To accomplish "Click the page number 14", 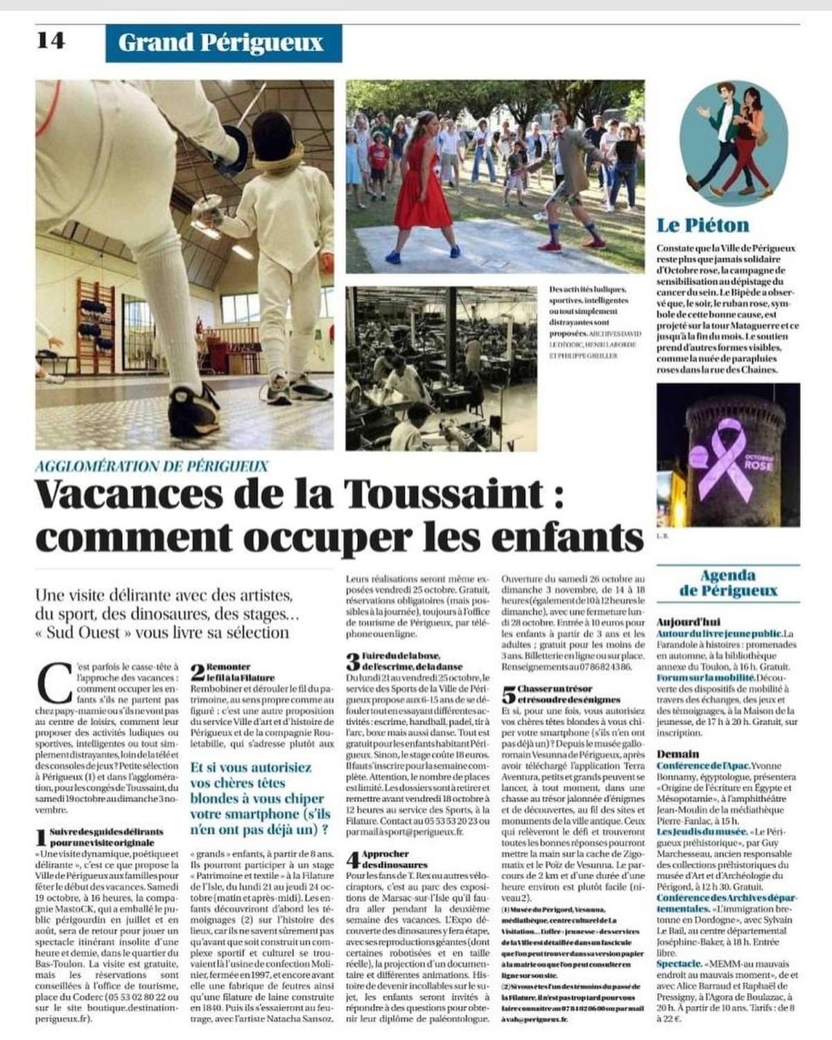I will click(x=51, y=41).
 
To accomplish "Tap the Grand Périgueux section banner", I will click(x=220, y=43).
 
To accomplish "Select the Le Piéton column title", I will click(x=702, y=225).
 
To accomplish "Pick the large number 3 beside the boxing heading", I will click(x=353, y=661).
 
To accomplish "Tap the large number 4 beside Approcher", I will click(x=353, y=860).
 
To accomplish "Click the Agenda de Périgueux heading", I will click(x=728, y=583).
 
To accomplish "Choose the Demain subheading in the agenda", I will click(x=677, y=754).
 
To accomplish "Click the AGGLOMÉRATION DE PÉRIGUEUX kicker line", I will click(x=151, y=467).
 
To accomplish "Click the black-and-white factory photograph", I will click(x=441, y=368).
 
